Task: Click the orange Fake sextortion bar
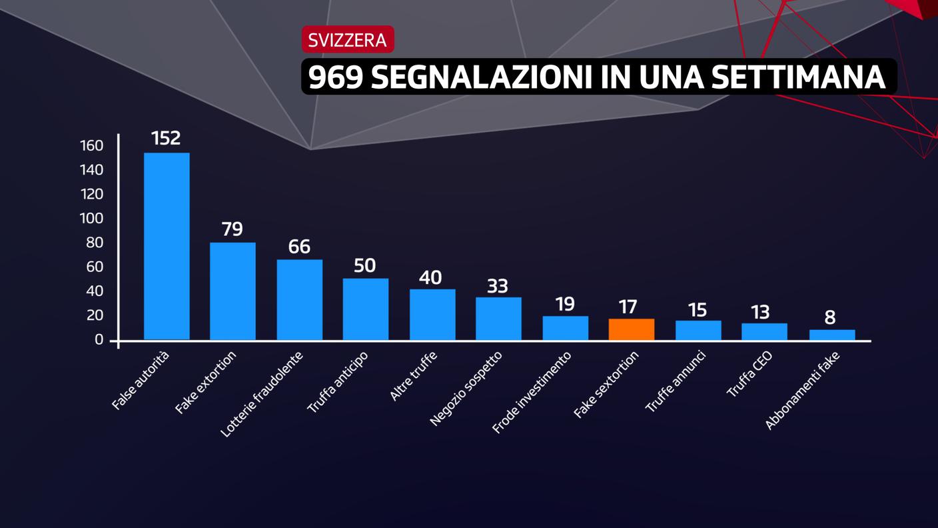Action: [x=632, y=329]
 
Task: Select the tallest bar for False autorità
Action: [x=167, y=246]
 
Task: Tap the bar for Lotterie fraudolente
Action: [x=299, y=299]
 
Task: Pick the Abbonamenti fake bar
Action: [x=831, y=335]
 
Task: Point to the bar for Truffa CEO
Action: [x=764, y=331]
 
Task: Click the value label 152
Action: [x=166, y=138]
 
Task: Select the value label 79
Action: [x=232, y=229]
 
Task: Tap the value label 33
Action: [x=498, y=286]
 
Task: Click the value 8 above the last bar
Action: [x=830, y=317]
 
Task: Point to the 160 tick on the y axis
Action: [x=92, y=145]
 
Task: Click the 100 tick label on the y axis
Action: [x=92, y=218]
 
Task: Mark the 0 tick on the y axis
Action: [x=99, y=339]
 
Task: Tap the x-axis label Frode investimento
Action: [x=531, y=393]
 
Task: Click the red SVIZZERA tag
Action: [x=347, y=40]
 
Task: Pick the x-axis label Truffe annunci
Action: [x=676, y=381]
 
